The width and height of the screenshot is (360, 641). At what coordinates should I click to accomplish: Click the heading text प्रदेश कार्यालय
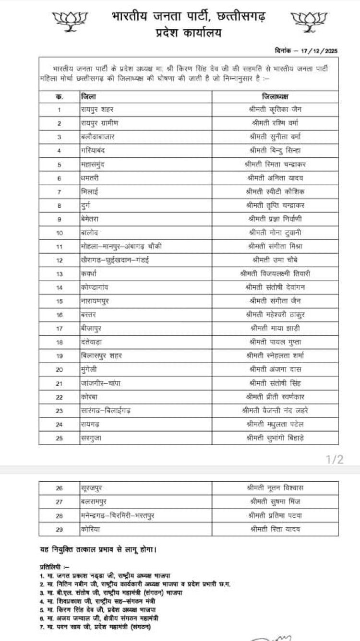point(189,33)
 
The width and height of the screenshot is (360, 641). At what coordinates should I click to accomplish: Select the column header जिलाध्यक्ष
point(275,96)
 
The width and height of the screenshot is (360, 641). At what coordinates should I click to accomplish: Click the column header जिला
point(87,96)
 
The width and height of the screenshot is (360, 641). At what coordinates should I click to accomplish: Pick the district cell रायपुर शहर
point(101,109)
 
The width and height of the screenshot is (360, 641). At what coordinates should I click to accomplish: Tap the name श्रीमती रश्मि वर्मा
point(275,123)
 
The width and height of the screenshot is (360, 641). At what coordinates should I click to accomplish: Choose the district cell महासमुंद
point(96,164)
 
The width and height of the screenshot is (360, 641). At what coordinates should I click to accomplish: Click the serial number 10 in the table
point(60,233)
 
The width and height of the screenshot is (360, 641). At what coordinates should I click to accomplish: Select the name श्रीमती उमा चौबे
point(275,260)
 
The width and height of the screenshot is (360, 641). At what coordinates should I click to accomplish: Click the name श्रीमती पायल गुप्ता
point(275,342)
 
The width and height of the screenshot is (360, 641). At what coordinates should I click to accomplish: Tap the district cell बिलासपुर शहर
point(101,356)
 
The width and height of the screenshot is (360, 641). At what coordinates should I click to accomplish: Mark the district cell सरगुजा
point(92,438)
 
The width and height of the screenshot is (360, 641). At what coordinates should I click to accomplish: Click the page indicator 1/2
point(335,460)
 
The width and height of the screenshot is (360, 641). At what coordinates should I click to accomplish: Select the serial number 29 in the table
point(60,529)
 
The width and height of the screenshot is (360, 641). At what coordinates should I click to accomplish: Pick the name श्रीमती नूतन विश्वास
point(275,488)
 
